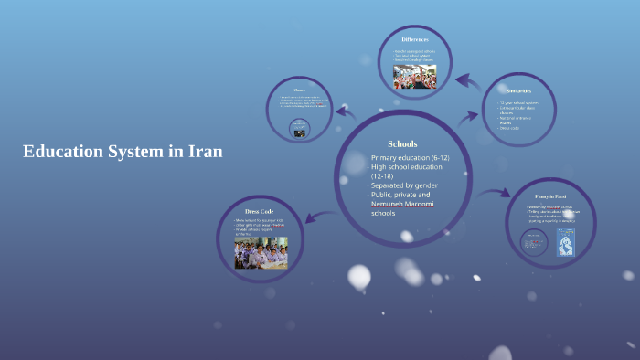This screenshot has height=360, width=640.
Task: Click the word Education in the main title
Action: pyautogui.click(x=62, y=152)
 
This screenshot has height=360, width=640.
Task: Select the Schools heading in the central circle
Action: pyautogui.click(x=402, y=143)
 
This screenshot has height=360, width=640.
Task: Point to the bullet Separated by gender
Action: pyautogui.click(x=410, y=185)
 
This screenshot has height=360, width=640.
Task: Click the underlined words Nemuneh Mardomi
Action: pyautogui.click(x=402, y=204)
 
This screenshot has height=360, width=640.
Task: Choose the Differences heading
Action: pyautogui.click(x=415, y=39)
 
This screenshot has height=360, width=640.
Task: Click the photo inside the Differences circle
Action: pyautogui.click(x=415, y=77)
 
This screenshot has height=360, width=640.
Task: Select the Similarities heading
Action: pyautogui.click(x=518, y=90)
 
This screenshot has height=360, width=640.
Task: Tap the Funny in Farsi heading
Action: pyautogui.click(x=551, y=196)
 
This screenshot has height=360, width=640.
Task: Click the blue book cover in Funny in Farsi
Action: pyautogui.click(x=566, y=242)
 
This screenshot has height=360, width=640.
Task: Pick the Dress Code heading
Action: pyautogui.click(x=261, y=211)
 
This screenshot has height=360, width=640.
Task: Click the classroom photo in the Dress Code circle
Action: pyautogui.click(x=261, y=252)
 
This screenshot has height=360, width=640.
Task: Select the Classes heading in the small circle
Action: pyautogui.click(x=299, y=90)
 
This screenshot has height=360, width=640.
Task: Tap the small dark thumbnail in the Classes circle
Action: pyautogui.click(x=299, y=131)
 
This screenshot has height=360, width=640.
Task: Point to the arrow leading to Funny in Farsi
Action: pyautogui.click(x=495, y=194)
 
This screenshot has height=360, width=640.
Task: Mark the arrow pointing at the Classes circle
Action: pyautogui.click(x=345, y=113)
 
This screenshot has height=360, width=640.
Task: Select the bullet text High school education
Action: pyautogui.click(x=406, y=167)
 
